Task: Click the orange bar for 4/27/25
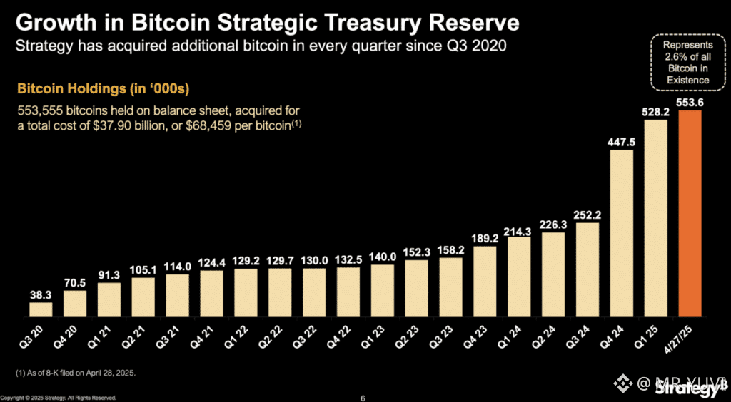click(690, 213)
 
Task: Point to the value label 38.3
click(41, 294)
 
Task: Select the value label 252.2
click(588, 215)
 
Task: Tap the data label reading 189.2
click(485, 238)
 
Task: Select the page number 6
click(363, 398)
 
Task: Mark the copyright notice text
click(59, 398)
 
